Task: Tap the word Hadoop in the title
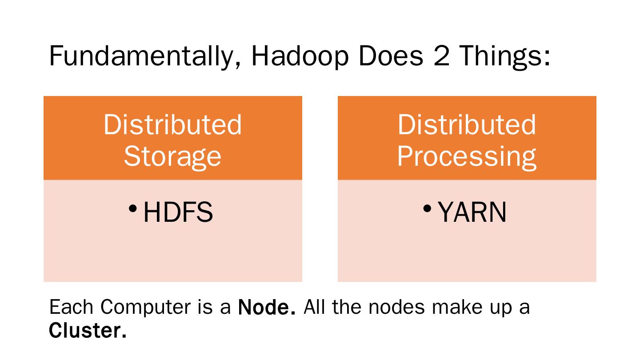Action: click(x=300, y=56)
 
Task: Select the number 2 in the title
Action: click(x=442, y=56)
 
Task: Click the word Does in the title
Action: click(x=391, y=56)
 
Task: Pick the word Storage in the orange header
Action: click(x=172, y=156)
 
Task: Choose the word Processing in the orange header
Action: click(x=467, y=156)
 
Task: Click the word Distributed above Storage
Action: click(x=172, y=124)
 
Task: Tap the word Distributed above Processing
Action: click(x=467, y=124)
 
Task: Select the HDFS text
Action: click(x=178, y=212)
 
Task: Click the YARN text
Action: click(x=472, y=212)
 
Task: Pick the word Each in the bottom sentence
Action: click(x=71, y=307)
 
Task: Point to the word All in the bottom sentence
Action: click(x=314, y=307)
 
